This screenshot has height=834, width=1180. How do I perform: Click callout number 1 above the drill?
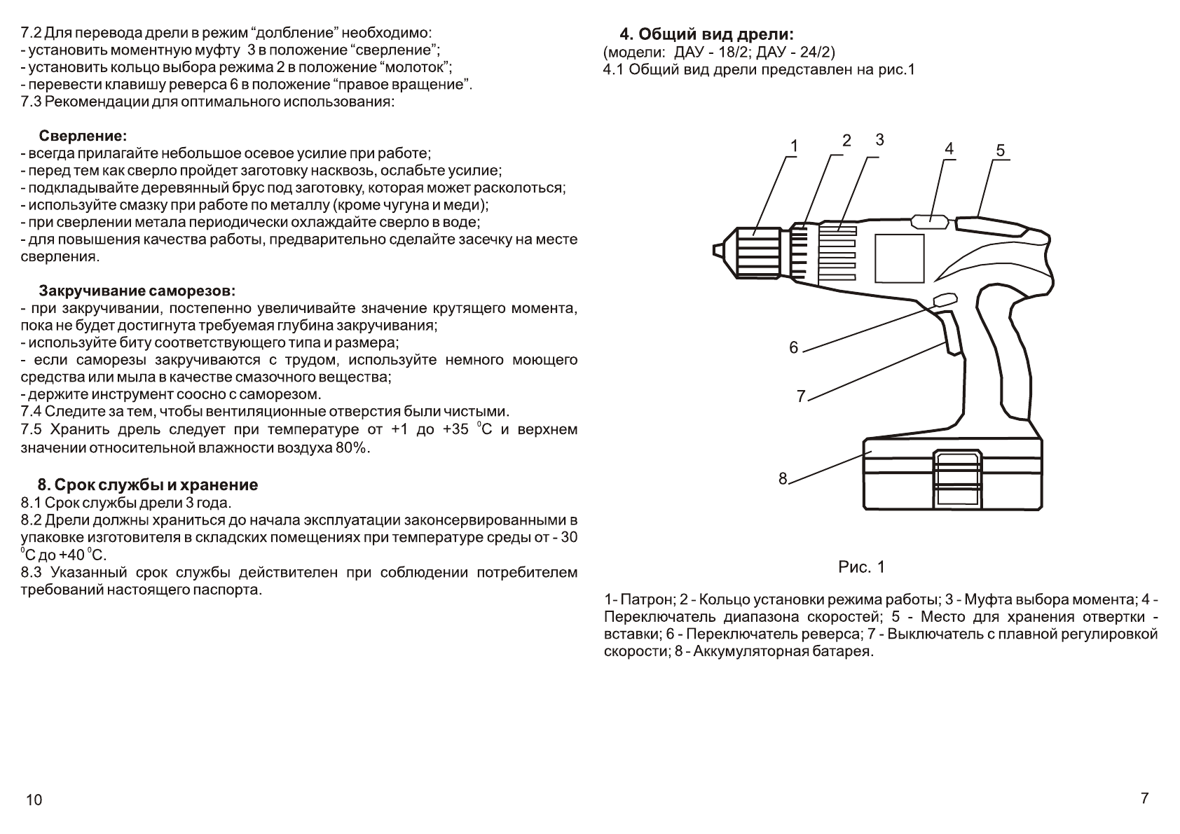(x=793, y=146)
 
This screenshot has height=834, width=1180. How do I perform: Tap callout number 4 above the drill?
(x=949, y=148)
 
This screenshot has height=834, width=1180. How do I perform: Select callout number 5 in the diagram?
(x=1000, y=151)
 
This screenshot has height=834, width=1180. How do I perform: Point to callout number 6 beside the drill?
(x=793, y=347)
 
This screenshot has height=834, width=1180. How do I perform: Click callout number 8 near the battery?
(x=783, y=478)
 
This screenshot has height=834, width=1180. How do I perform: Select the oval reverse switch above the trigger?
(x=945, y=300)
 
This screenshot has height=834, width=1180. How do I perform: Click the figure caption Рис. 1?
(x=861, y=567)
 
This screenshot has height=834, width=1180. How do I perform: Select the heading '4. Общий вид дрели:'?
(x=708, y=34)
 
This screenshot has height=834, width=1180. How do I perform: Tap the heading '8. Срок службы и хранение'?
(x=148, y=485)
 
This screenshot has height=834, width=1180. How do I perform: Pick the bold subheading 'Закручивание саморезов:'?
(x=137, y=291)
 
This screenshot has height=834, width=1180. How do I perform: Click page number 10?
(x=34, y=800)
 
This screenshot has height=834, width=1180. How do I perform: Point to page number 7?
(x=1144, y=798)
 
